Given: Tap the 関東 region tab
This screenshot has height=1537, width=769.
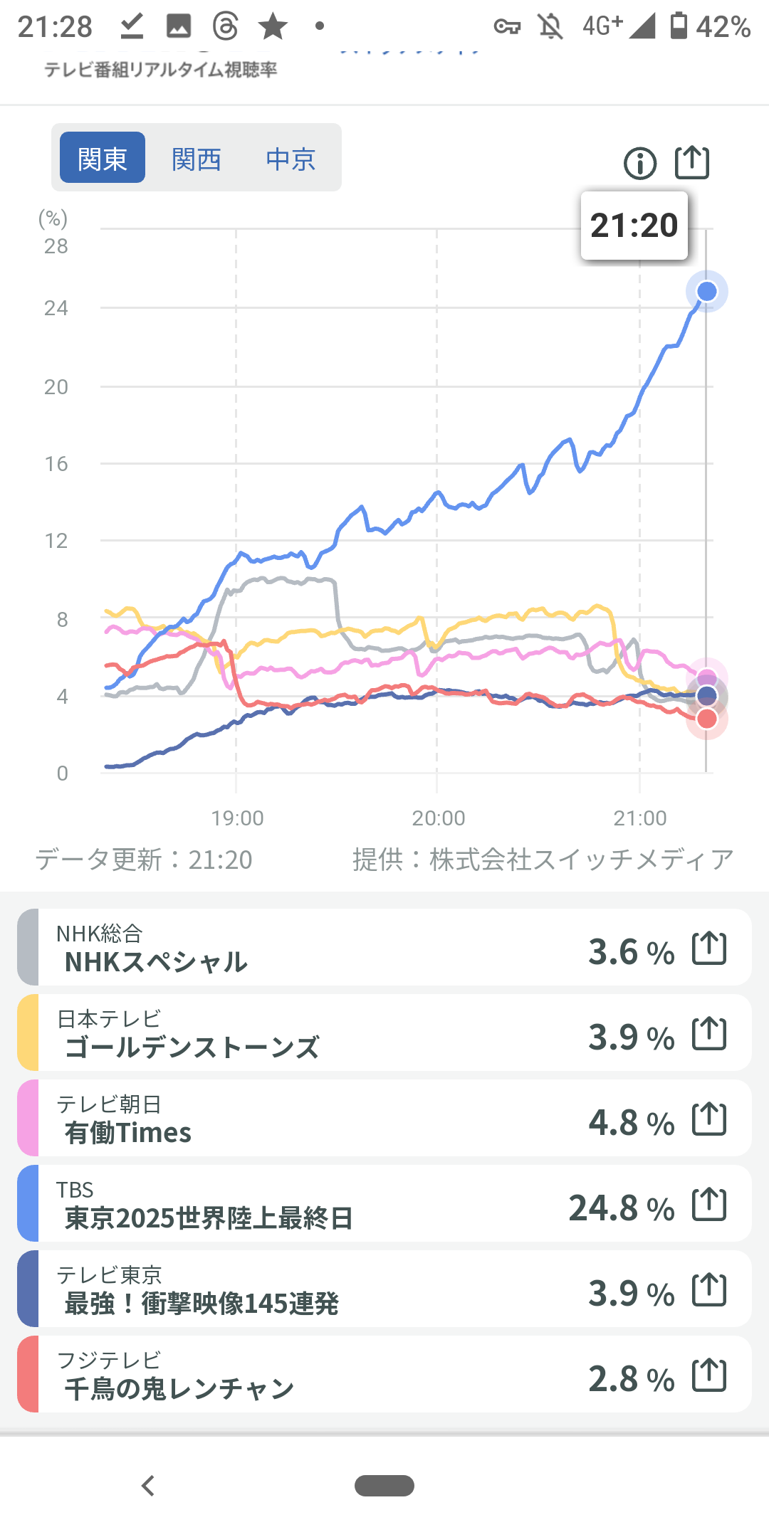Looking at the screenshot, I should [103, 158].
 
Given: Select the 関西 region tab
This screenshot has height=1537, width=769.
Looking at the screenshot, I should [197, 159].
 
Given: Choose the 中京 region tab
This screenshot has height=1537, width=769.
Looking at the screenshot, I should [291, 159].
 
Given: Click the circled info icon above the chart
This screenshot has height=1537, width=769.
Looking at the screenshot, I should [640, 164].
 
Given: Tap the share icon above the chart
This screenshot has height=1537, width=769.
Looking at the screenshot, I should [692, 163].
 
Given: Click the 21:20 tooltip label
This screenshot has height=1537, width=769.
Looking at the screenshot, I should [634, 226].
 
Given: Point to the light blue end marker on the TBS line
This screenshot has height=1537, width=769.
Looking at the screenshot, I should [706, 292].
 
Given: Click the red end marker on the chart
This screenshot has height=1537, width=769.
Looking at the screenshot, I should [706, 719].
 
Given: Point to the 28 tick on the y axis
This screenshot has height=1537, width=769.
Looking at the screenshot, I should [56, 246].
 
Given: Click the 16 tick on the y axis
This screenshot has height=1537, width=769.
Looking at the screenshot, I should [56, 464].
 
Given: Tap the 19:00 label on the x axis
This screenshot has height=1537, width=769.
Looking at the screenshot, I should [237, 818].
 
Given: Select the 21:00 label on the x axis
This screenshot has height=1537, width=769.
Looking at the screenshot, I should [639, 818].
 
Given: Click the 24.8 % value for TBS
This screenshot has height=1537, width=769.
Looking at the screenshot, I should [621, 1208].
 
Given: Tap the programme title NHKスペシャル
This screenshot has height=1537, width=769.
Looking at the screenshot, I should [156, 962].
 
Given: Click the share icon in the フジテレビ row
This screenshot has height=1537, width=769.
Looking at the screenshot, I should [709, 1375].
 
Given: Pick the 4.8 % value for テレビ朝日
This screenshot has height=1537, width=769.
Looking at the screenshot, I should [631, 1123].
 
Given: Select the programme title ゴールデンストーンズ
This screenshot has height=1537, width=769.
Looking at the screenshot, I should [192, 1047].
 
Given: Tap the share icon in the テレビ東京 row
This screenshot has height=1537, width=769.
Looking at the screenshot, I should [709, 1290].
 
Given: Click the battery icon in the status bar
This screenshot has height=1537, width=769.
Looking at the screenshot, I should [679, 26].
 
